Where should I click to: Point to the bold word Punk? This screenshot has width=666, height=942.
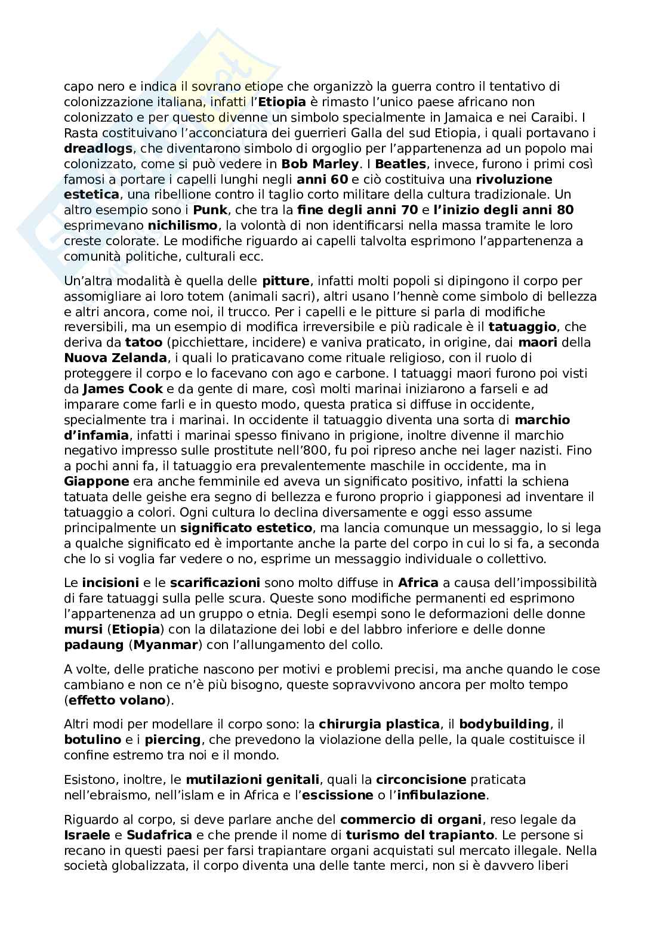(x=211, y=210)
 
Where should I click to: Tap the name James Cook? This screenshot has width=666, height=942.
(x=122, y=389)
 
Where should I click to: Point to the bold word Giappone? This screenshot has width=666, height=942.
(x=97, y=481)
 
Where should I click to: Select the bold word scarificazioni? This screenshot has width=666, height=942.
(x=215, y=583)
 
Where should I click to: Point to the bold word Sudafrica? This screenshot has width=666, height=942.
(x=159, y=835)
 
